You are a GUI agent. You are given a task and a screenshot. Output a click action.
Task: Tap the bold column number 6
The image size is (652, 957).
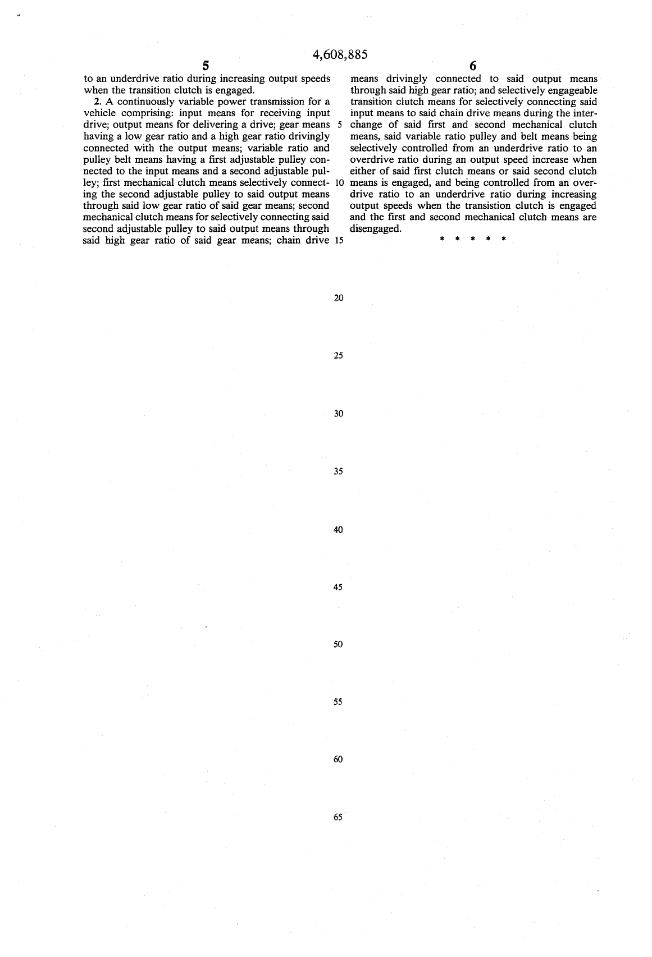pyautogui.click(x=473, y=66)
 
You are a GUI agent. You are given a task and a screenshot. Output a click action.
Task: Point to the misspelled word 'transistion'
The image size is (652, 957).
pyautogui.click(x=489, y=205)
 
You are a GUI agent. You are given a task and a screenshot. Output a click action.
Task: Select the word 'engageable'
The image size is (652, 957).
pyautogui.click(x=573, y=90)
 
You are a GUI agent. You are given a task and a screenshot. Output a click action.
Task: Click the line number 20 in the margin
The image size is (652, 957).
pyautogui.click(x=338, y=298)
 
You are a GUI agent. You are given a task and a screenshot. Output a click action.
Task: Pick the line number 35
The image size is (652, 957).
pyautogui.click(x=338, y=471)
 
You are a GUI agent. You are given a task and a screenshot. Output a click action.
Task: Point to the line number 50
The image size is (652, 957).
pyautogui.click(x=338, y=644)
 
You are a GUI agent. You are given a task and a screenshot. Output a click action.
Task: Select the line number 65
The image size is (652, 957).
pyautogui.click(x=338, y=817)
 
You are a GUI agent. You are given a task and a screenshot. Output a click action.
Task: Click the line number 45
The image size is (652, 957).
pyautogui.click(x=338, y=587)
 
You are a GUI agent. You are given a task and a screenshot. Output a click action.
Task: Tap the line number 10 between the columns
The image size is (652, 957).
pyautogui.click(x=339, y=183)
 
